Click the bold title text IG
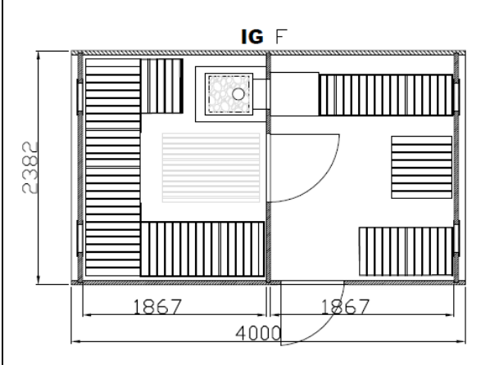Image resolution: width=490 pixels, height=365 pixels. point(252,37)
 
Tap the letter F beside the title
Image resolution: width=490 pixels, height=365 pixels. point(281,37)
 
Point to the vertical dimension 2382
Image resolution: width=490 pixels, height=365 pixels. point(30,168)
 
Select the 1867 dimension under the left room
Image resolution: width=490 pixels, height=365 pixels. point(157,307)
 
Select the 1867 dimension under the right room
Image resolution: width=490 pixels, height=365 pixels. point(345,307)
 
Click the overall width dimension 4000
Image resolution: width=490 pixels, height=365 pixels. point(258,333)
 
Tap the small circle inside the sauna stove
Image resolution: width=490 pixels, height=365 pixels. point(238,93)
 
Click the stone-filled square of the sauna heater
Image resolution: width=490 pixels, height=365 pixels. point(229,94)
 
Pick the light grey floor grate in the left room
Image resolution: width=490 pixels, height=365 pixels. point(211,168)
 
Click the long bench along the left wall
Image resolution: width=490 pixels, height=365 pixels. point(113,167)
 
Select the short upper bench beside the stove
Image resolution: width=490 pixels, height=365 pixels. point(162,86)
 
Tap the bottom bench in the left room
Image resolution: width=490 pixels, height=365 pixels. point(202,249)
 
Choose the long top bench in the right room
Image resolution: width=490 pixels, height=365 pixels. point(386,95)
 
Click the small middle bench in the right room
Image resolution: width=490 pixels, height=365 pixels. point(421,167)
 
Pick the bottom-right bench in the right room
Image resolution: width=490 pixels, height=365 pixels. point(406,251)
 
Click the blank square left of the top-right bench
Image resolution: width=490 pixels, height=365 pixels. point(294,94)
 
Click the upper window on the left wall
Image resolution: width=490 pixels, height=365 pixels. point(79,97)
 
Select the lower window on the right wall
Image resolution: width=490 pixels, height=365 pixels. point(456,238)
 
